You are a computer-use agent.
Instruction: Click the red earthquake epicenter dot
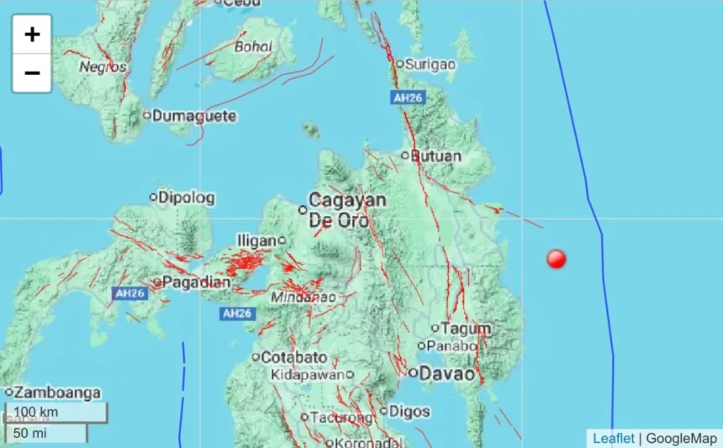pos(556,259)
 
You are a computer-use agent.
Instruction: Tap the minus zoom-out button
pos(32,73)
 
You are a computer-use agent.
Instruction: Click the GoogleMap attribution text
pos(682,438)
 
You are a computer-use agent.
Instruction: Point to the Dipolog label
pos(187,198)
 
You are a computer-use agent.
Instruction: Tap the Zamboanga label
pos(57,393)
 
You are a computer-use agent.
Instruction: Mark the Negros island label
pos(103,66)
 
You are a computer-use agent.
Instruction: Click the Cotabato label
pos(293,357)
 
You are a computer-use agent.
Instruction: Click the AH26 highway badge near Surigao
pos(409,98)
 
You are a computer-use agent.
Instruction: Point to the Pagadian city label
pos(196,282)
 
